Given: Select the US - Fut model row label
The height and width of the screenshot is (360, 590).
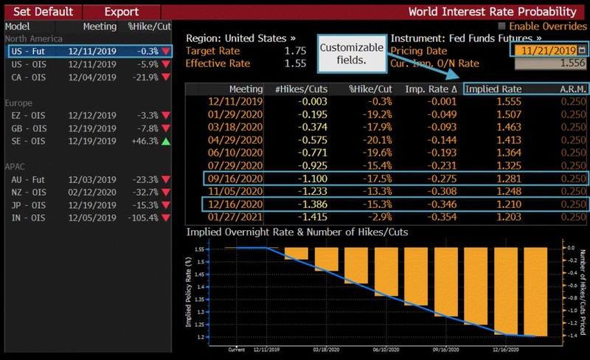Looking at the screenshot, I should coord(30,51).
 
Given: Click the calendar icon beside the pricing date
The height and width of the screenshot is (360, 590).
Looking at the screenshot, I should coord(582,50).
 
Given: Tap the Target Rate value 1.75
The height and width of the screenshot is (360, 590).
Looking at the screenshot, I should coord(294,50).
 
